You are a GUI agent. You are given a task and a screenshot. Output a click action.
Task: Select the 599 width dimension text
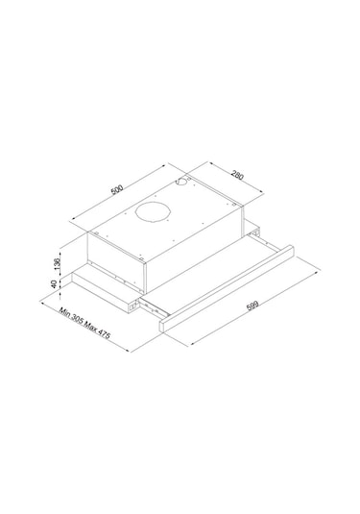252,308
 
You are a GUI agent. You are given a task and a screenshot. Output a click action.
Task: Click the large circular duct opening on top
153,213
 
